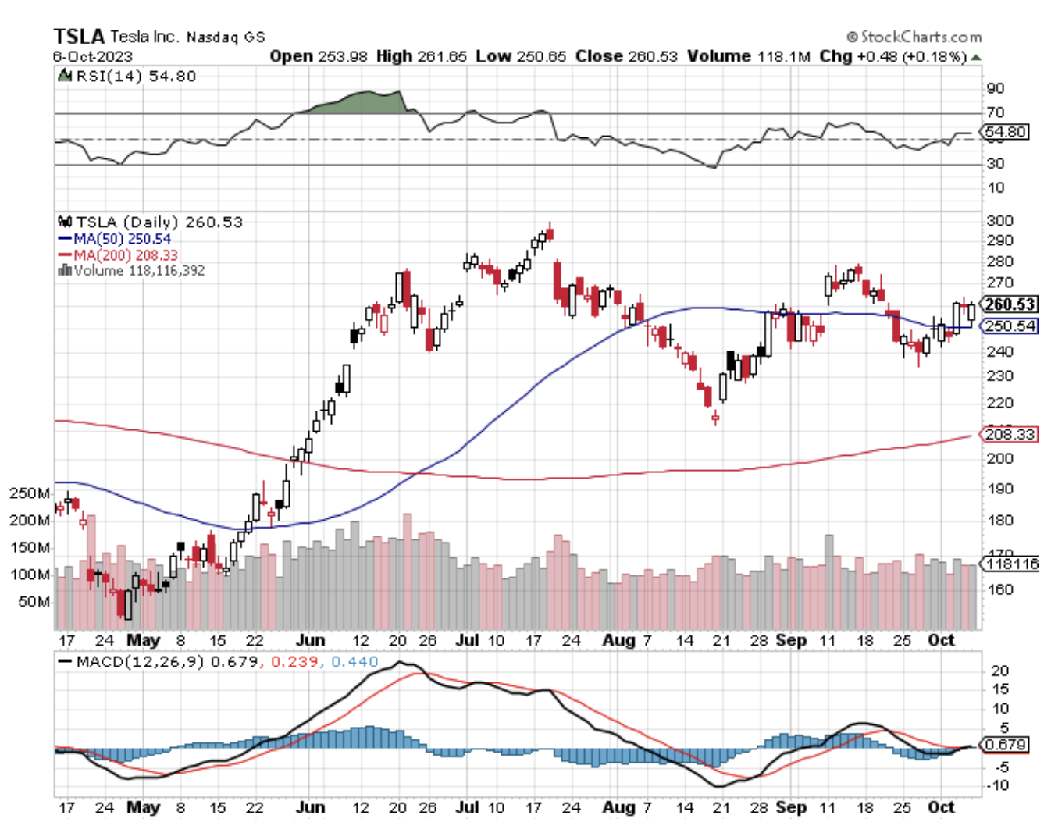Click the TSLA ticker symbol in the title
click(79, 36)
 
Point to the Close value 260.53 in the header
click(650, 56)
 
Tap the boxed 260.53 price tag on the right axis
click(1010, 304)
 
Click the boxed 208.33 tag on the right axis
click(1010, 434)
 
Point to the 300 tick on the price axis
click(999, 221)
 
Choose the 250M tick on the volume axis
click(30, 493)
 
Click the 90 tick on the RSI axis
click(995, 88)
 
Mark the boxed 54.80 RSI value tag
click(1006, 132)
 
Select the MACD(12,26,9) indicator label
click(141, 662)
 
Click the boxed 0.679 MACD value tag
click(1006, 744)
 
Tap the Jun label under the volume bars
click(310, 640)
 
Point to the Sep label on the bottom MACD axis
click(791, 807)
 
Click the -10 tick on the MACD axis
click(997, 785)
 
